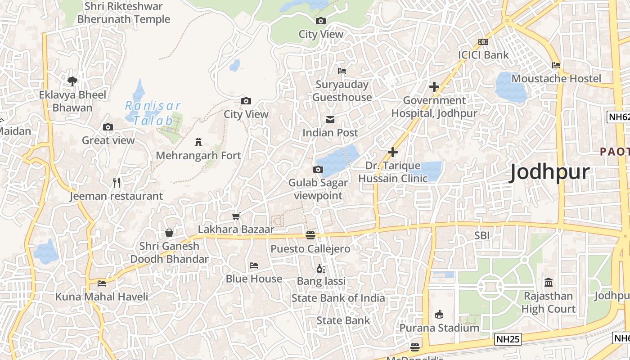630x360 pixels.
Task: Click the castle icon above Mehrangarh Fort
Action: click(x=198, y=143)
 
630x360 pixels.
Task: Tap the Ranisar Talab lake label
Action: click(x=153, y=113)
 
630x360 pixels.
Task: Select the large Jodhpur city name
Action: click(x=549, y=173)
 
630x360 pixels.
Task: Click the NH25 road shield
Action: click(x=508, y=339)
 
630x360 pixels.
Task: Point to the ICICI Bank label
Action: click(x=483, y=55)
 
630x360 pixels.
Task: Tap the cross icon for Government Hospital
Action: click(x=434, y=87)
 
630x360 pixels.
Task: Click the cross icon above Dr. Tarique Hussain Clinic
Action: click(x=393, y=152)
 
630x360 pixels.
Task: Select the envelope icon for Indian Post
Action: click(x=330, y=120)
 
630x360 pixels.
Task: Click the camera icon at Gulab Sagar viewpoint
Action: click(x=318, y=170)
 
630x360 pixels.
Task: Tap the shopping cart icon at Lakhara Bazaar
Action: click(x=236, y=216)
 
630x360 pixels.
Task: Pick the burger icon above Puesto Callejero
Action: click(x=310, y=235)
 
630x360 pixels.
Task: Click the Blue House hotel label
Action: click(x=254, y=279)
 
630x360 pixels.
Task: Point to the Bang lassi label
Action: click(x=321, y=281)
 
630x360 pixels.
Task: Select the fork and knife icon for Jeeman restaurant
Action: click(x=117, y=183)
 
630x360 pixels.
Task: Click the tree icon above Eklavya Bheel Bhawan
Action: click(x=72, y=81)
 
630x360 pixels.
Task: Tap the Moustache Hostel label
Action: click(x=556, y=78)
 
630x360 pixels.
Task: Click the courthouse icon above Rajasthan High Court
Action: click(x=549, y=283)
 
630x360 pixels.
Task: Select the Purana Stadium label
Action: click(x=439, y=328)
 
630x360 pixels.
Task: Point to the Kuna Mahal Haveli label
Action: click(x=101, y=297)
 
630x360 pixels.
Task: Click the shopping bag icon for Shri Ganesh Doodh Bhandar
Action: click(x=169, y=233)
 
